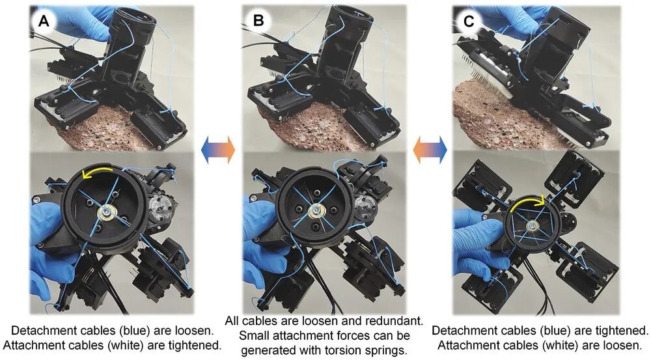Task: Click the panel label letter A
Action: (x=44, y=21)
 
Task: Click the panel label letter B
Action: (x=258, y=21)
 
